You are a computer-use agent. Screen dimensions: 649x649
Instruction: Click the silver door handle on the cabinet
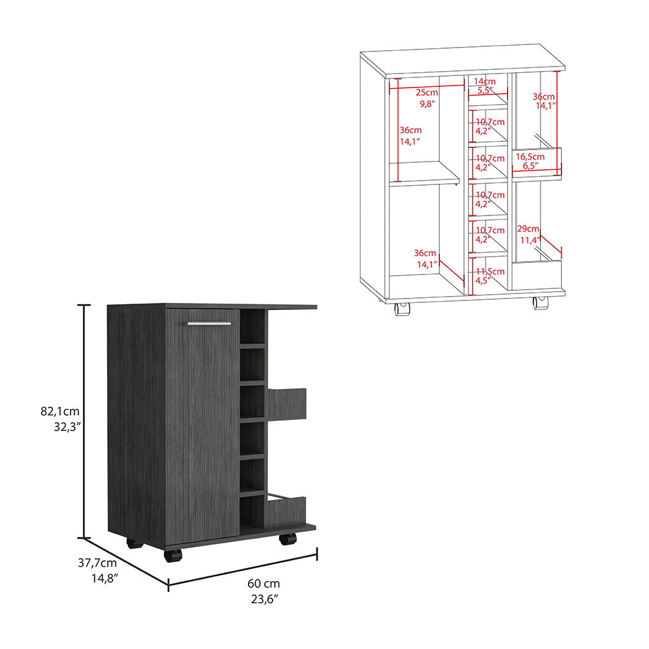click(x=209, y=323)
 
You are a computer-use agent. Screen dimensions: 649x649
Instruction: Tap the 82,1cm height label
click(x=60, y=411)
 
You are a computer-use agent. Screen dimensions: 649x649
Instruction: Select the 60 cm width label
click(x=264, y=584)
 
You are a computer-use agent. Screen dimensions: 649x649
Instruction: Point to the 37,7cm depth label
click(x=97, y=563)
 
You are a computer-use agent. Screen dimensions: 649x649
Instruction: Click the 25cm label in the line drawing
click(x=427, y=93)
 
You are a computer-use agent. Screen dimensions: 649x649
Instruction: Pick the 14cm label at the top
click(x=485, y=81)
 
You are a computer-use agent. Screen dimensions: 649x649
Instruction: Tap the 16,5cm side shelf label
click(x=530, y=157)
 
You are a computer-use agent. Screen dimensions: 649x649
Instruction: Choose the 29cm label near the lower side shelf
click(x=528, y=228)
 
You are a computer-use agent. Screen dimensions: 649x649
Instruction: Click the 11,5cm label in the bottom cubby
click(x=490, y=271)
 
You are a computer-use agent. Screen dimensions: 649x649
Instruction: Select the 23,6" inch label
click(x=264, y=599)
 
